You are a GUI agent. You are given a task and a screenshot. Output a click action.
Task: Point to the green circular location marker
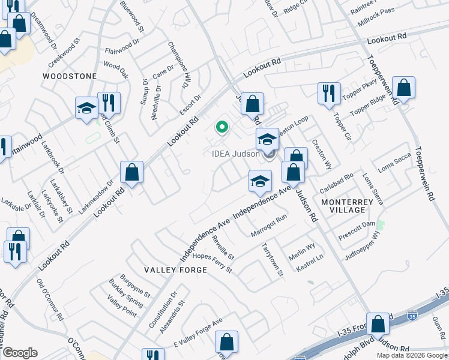click(221, 127)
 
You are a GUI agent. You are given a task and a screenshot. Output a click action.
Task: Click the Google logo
click(20, 353)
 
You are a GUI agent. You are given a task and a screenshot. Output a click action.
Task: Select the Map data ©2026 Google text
click(411, 355)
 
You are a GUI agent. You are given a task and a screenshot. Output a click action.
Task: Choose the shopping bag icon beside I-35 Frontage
click(378, 324)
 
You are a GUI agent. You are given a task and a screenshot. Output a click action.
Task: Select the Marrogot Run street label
click(270, 226)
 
